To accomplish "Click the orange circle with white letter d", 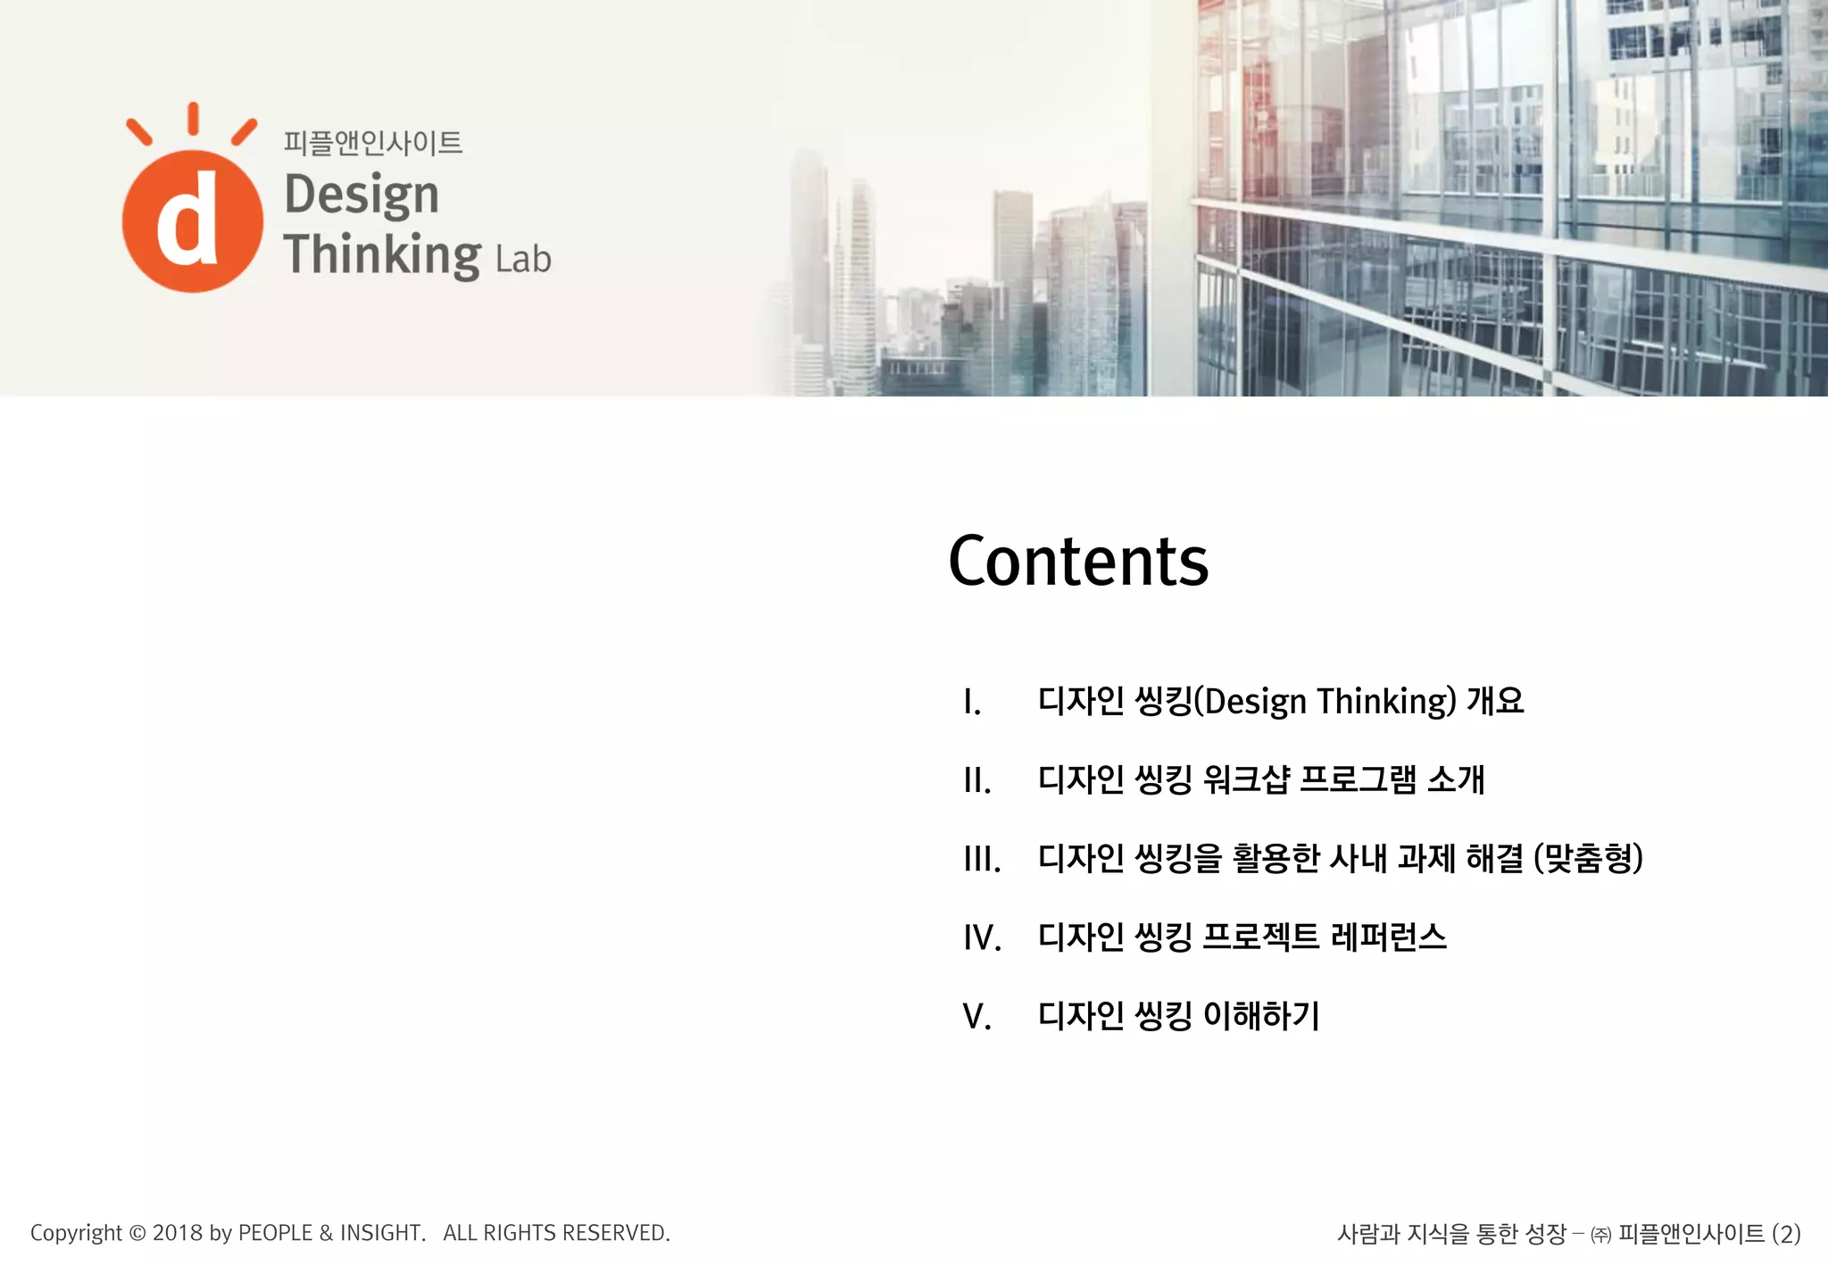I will point(192,221).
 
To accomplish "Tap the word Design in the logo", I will point(361,195).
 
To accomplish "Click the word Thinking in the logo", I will point(382,255).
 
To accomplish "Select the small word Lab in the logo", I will point(523,259).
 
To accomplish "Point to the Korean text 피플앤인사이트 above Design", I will point(373,143).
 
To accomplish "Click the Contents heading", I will point(1078,562).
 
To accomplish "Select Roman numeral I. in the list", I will point(972,703).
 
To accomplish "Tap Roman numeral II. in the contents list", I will point(976,781).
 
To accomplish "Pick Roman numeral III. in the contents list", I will point(982,860).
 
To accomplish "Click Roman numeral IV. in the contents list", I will point(982,938).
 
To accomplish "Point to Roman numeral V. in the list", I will point(976,1017).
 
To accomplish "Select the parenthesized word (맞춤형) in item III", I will point(1588,859).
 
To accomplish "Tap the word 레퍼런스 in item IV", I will point(1388,937).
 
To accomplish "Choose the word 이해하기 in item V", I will point(1261,1016).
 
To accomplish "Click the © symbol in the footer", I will point(137,1233).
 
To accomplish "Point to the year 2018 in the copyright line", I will point(178,1233).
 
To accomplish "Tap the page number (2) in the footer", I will point(1786,1234).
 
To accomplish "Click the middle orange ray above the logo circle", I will point(193,118).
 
